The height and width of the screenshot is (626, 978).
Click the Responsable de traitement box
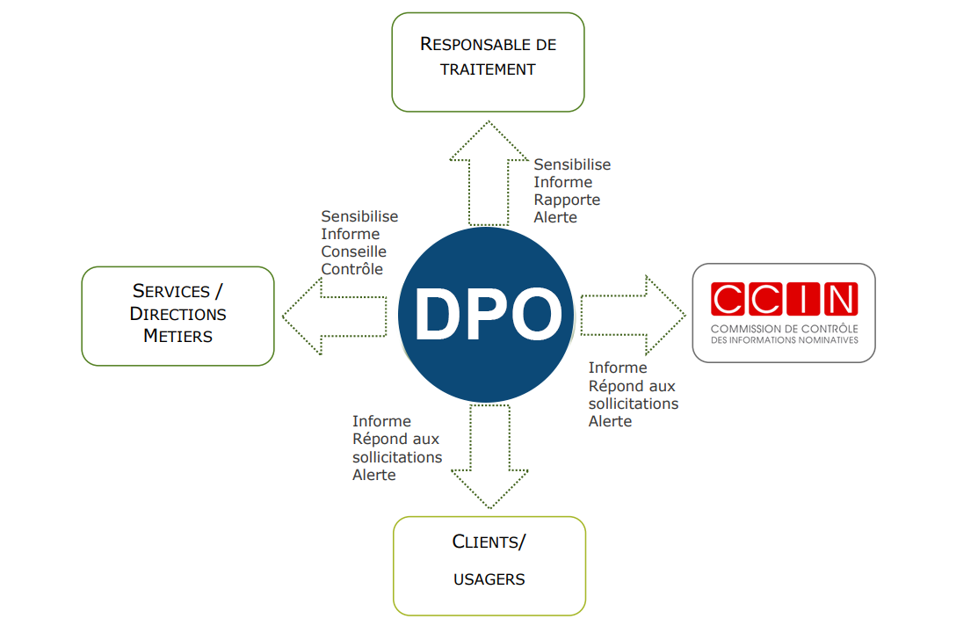pyautogui.click(x=488, y=62)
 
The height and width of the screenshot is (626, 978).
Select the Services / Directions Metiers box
pyautogui.click(x=177, y=316)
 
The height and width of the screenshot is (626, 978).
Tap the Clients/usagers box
pyautogui.click(x=489, y=564)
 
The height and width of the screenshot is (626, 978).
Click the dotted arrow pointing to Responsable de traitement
pyautogui.click(x=489, y=176)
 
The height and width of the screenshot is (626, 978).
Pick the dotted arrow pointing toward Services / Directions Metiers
pyautogui.click(x=334, y=315)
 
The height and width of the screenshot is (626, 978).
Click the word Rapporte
pyautogui.click(x=567, y=200)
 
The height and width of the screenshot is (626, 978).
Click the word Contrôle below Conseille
pyautogui.click(x=352, y=269)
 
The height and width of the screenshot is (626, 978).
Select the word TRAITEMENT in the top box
pyautogui.click(x=488, y=69)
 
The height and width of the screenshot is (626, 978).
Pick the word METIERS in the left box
pyautogui.click(x=177, y=336)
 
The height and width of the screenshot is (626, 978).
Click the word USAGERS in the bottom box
pyautogui.click(x=489, y=579)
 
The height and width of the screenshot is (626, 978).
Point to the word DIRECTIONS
pyautogui.click(x=177, y=314)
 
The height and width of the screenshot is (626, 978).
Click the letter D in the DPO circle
pyautogui.click(x=438, y=315)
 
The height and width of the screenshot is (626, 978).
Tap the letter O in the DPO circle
pyautogui.click(x=532, y=315)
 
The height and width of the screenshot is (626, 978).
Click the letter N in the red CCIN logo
pyautogui.click(x=841, y=299)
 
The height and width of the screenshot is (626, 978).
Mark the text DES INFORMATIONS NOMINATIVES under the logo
pyautogui.click(x=784, y=340)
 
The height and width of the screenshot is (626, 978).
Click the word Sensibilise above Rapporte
pyautogui.click(x=572, y=164)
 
